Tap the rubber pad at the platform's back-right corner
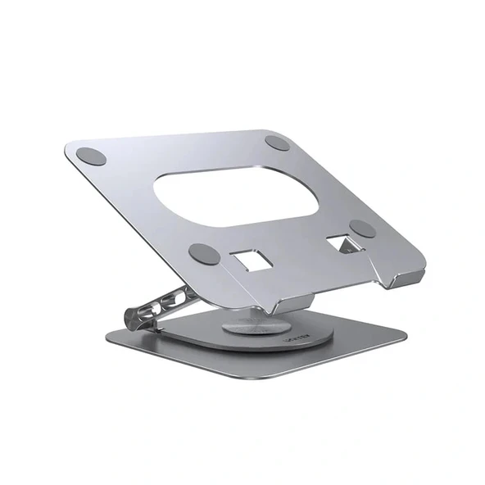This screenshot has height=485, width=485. pos(278,143)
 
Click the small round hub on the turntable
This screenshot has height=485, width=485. pos(261,331)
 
